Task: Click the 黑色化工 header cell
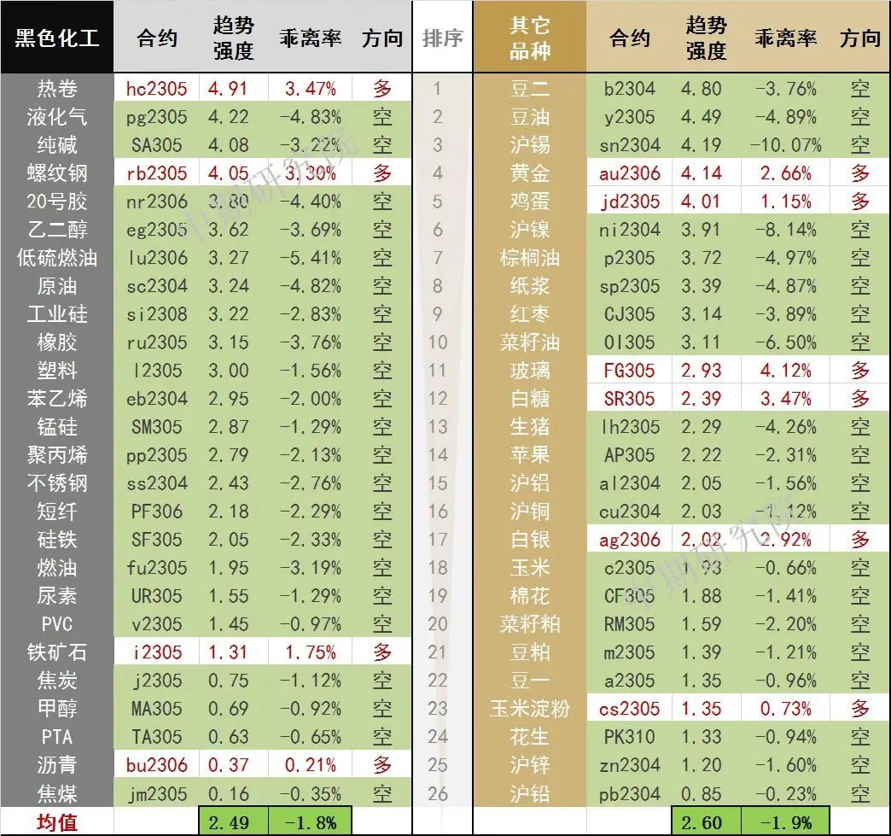pyautogui.click(x=56, y=38)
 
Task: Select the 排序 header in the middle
pyautogui.click(x=442, y=38)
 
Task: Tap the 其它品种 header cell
pyautogui.click(x=529, y=38)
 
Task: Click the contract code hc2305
pyautogui.click(x=156, y=89)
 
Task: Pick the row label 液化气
pyautogui.click(x=56, y=117)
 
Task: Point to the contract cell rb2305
pyautogui.click(x=156, y=173)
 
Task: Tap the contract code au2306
pyautogui.click(x=630, y=173)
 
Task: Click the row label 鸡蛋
pyautogui.click(x=529, y=202)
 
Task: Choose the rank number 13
pyautogui.click(x=438, y=427)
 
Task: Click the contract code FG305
pyautogui.click(x=630, y=371)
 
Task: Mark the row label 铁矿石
pyautogui.click(x=56, y=652)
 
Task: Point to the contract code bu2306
pyautogui.click(x=156, y=765)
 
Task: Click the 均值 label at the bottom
pyautogui.click(x=56, y=823)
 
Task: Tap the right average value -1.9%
pyautogui.click(x=785, y=823)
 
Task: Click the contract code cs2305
pyautogui.click(x=630, y=709)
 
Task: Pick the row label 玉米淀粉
pyautogui.click(x=529, y=709)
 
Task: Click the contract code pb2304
pyautogui.click(x=630, y=793)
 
